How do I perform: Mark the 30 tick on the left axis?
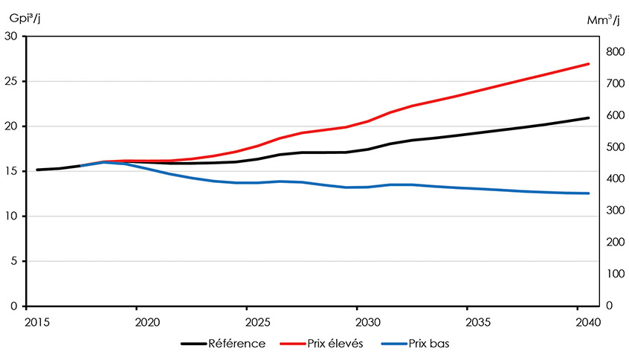click(13, 36)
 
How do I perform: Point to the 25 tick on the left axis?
click(13, 81)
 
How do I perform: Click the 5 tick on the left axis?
click(16, 261)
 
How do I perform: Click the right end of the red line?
click(589, 64)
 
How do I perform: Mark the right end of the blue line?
click(589, 193)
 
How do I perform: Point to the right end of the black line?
click(589, 118)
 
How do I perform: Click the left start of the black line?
click(37, 170)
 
